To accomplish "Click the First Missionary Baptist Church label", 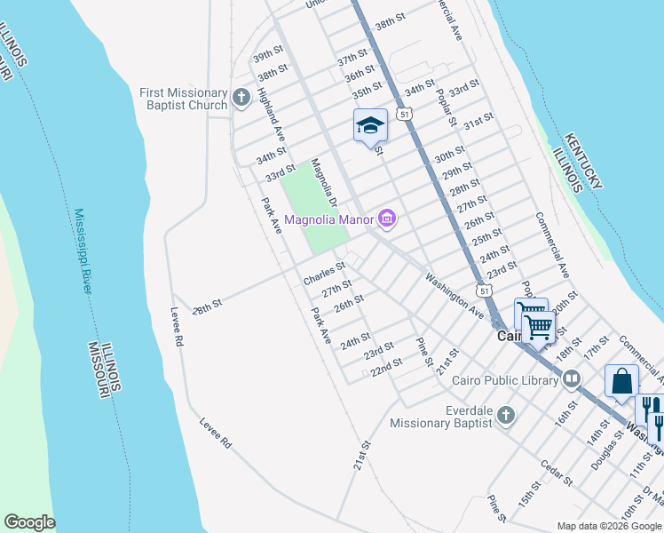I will coord(184,99).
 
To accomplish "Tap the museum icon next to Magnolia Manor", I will coord(386,218).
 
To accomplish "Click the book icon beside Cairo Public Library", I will coord(571,379).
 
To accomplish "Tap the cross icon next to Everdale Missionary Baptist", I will coord(505,415).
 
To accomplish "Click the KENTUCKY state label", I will coord(585,161).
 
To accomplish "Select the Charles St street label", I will coord(324,273).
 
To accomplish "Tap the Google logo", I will coord(29,522).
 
